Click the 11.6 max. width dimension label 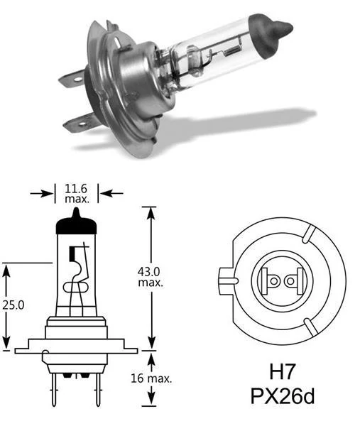[77, 193]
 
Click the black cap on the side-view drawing [76, 223]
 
